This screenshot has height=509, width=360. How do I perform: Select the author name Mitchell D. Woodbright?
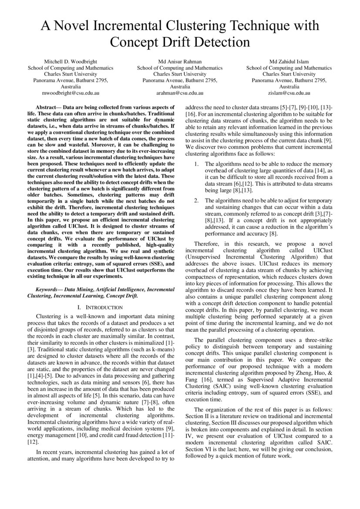[71, 62]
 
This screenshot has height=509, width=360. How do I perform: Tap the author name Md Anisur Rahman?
[180, 62]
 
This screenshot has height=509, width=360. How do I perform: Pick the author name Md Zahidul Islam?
[289, 62]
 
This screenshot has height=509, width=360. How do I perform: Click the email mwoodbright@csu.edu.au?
[71, 93]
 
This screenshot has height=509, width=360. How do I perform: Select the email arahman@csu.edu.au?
[180, 93]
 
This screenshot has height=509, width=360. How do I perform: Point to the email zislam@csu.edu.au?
[289, 93]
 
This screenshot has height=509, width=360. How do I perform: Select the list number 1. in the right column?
[196, 164]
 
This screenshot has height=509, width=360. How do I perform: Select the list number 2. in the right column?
[196, 199]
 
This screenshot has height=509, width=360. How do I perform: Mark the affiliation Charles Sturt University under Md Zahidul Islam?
[289, 74]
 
